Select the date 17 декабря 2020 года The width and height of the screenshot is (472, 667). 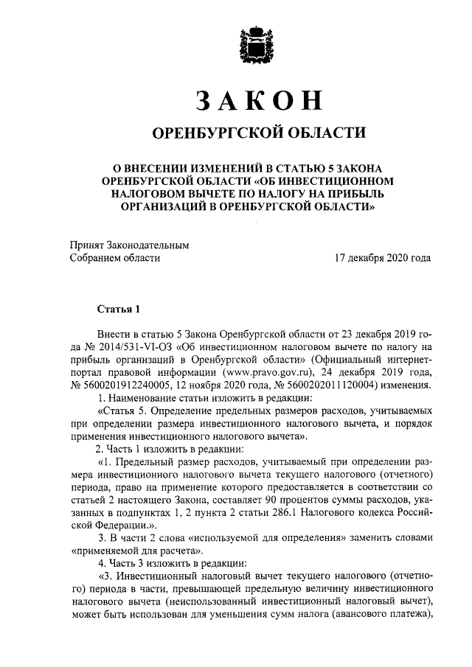click(383, 258)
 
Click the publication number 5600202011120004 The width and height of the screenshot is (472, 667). click(339, 385)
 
